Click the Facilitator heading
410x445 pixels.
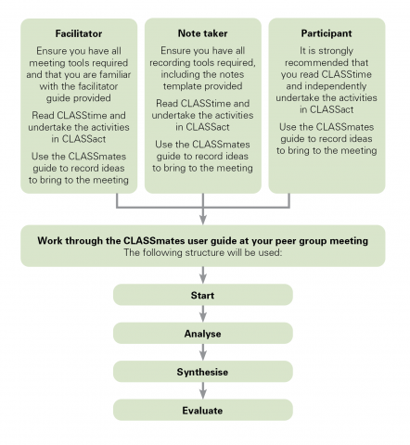pyautogui.click(x=79, y=33)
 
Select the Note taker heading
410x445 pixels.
pyautogui.click(x=202, y=33)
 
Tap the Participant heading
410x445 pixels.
pyautogui.click(x=327, y=33)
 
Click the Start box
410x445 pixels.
pyautogui.click(x=203, y=295)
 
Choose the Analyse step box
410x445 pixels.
pyautogui.click(x=203, y=334)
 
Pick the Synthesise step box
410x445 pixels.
pyautogui.click(x=203, y=372)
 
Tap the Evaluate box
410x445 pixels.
pyautogui.click(x=203, y=410)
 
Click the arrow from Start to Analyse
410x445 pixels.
pyautogui.click(x=203, y=314)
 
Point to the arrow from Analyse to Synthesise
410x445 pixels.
pyautogui.click(x=203, y=352)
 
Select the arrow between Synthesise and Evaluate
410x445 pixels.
pyautogui.click(x=203, y=390)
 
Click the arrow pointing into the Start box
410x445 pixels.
pyautogui.click(x=203, y=275)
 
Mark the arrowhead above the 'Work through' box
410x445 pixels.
pyautogui.click(x=203, y=219)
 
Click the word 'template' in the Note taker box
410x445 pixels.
pyautogui.click(x=182, y=86)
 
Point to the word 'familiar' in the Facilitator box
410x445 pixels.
pyautogui.click(x=115, y=75)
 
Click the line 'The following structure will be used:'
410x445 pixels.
pyautogui.click(x=203, y=252)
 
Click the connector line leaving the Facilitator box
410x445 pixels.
pyautogui.click(x=117, y=200)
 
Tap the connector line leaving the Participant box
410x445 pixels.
pyautogui.click(x=289, y=200)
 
